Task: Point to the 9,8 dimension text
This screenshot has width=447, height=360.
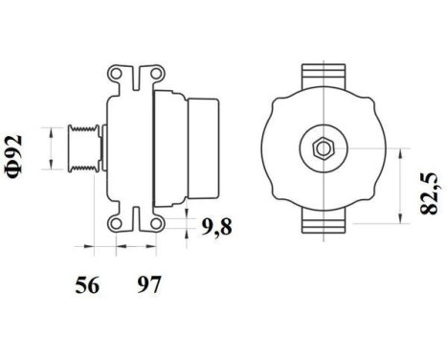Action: (217, 227)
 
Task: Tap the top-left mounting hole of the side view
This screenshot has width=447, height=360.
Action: (116, 73)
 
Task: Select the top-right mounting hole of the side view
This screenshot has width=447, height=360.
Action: (152, 73)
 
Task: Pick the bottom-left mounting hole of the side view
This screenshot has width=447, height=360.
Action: (116, 222)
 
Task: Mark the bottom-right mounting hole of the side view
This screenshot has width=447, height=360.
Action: (152, 222)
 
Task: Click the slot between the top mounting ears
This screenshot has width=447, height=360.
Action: (134, 75)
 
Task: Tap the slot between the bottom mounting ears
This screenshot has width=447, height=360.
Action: (134, 221)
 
